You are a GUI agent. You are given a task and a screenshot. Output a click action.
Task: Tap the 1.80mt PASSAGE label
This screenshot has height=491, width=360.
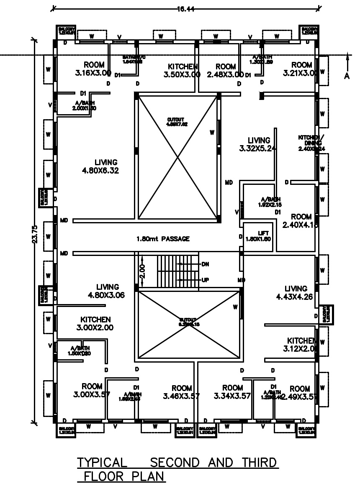pyautogui.click(x=163, y=239)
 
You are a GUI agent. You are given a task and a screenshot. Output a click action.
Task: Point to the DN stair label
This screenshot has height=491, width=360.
pyautogui.click(x=205, y=264)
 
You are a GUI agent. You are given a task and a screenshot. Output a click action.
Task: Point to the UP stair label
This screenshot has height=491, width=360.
pyautogui.click(x=205, y=280)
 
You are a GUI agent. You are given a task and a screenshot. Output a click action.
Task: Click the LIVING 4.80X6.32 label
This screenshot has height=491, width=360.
pyautogui.click(x=106, y=166)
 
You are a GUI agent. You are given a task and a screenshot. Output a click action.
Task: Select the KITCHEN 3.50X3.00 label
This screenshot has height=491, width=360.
pyautogui.click(x=183, y=70)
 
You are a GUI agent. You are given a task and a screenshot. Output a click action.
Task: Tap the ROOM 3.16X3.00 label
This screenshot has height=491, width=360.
pyautogui.click(x=94, y=69)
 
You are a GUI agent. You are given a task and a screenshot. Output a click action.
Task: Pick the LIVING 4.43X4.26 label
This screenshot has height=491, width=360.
pyautogui.click(x=296, y=293)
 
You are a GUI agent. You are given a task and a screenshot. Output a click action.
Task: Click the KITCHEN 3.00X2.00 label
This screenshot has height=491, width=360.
pyautogui.click(x=95, y=323)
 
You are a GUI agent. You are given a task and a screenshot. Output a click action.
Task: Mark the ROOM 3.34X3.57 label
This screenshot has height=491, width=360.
pyautogui.click(x=232, y=392)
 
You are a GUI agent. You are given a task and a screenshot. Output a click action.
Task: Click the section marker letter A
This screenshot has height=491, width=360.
pyautogui.click(x=347, y=75)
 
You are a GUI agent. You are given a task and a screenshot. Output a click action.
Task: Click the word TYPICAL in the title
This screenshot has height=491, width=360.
pyautogui.click(x=102, y=463)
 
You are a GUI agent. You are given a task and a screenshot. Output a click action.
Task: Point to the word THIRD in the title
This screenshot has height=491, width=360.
pyautogui.click(x=258, y=463)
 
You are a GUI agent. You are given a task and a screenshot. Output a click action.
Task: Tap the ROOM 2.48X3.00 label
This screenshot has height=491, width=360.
pyautogui.click(x=225, y=70)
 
